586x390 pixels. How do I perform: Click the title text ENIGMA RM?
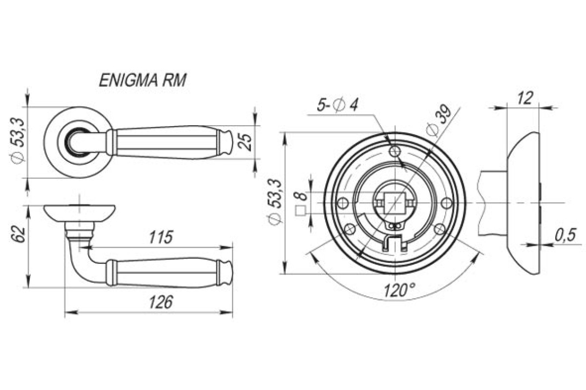pos(143,80)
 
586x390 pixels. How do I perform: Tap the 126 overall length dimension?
pos(161,302)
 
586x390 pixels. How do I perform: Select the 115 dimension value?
pos(161,237)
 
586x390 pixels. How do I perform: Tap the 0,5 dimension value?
pos(565,235)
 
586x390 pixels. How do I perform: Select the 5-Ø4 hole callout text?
pos(337,105)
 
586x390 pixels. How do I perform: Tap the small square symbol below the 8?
pos(301,211)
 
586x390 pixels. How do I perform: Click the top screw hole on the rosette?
pos(395,151)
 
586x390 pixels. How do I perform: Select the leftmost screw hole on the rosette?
pos(343,203)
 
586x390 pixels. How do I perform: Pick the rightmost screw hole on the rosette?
pos(446,203)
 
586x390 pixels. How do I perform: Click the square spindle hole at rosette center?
pos(395,203)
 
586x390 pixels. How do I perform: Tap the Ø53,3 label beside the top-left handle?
pos(18,141)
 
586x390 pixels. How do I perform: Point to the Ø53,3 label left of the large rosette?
pos(274,202)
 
